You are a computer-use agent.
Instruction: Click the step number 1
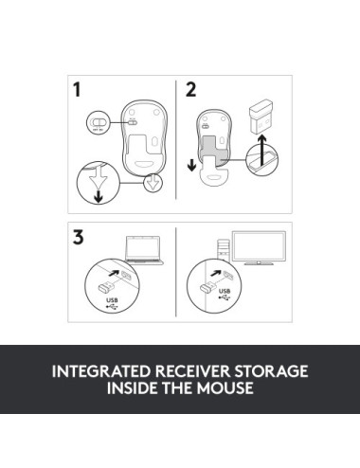(x=77, y=89)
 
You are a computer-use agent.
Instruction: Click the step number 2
(x=190, y=89)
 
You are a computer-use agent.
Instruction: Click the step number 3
(x=79, y=237)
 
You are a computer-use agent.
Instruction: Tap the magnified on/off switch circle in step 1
(x=98, y=123)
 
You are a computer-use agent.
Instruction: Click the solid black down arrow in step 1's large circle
(x=99, y=196)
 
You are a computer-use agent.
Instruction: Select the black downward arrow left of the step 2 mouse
(x=191, y=165)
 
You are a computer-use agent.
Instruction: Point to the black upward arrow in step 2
(x=262, y=151)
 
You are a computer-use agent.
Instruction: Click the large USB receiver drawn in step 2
(x=261, y=116)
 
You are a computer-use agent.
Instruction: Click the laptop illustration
(x=144, y=250)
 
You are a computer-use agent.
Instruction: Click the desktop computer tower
(x=223, y=249)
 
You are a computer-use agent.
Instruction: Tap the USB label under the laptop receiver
(x=112, y=300)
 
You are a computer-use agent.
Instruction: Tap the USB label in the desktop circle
(x=225, y=291)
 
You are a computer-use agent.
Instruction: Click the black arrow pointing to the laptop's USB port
(x=114, y=272)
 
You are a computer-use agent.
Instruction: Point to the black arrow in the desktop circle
(x=216, y=273)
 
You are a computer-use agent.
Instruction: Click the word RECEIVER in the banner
(x=192, y=371)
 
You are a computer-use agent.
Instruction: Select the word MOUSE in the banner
(x=225, y=388)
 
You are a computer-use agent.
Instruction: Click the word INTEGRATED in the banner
(x=101, y=371)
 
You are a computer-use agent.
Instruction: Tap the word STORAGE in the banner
(x=271, y=371)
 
